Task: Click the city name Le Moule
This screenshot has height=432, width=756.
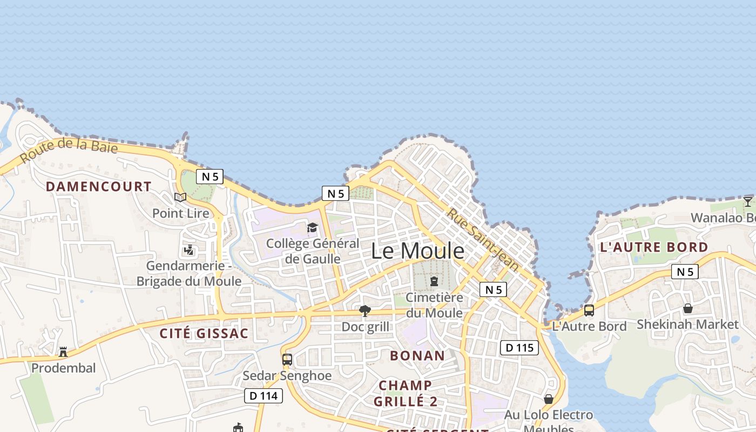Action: (417, 251)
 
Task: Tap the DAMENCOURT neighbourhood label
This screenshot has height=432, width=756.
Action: (98, 187)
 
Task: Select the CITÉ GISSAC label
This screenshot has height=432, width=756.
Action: (204, 333)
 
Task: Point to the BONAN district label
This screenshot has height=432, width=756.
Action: (417, 355)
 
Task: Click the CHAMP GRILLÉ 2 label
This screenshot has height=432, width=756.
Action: (406, 393)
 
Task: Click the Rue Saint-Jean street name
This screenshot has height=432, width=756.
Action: (483, 240)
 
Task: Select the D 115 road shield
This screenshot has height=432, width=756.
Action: (519, 348)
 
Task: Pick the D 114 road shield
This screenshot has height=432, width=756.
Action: (264, 396)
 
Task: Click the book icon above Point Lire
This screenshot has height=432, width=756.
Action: (180, 198)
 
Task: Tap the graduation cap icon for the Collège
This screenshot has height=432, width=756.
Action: (312, 228)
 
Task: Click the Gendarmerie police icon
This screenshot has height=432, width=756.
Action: (188, 250)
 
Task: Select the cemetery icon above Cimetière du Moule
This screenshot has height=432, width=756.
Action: (434, 281)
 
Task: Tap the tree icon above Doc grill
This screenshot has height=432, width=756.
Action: (365, 310)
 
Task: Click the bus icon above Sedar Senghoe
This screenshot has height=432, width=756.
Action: (287, 360)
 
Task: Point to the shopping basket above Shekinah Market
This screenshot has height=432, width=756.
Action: (687, 308)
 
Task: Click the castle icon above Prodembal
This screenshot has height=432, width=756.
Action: (63, 352)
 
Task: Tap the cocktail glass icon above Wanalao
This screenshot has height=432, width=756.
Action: (747, 202)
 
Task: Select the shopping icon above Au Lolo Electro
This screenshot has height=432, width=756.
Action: (549, 399)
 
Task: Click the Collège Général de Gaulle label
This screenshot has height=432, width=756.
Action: (313, 251)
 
